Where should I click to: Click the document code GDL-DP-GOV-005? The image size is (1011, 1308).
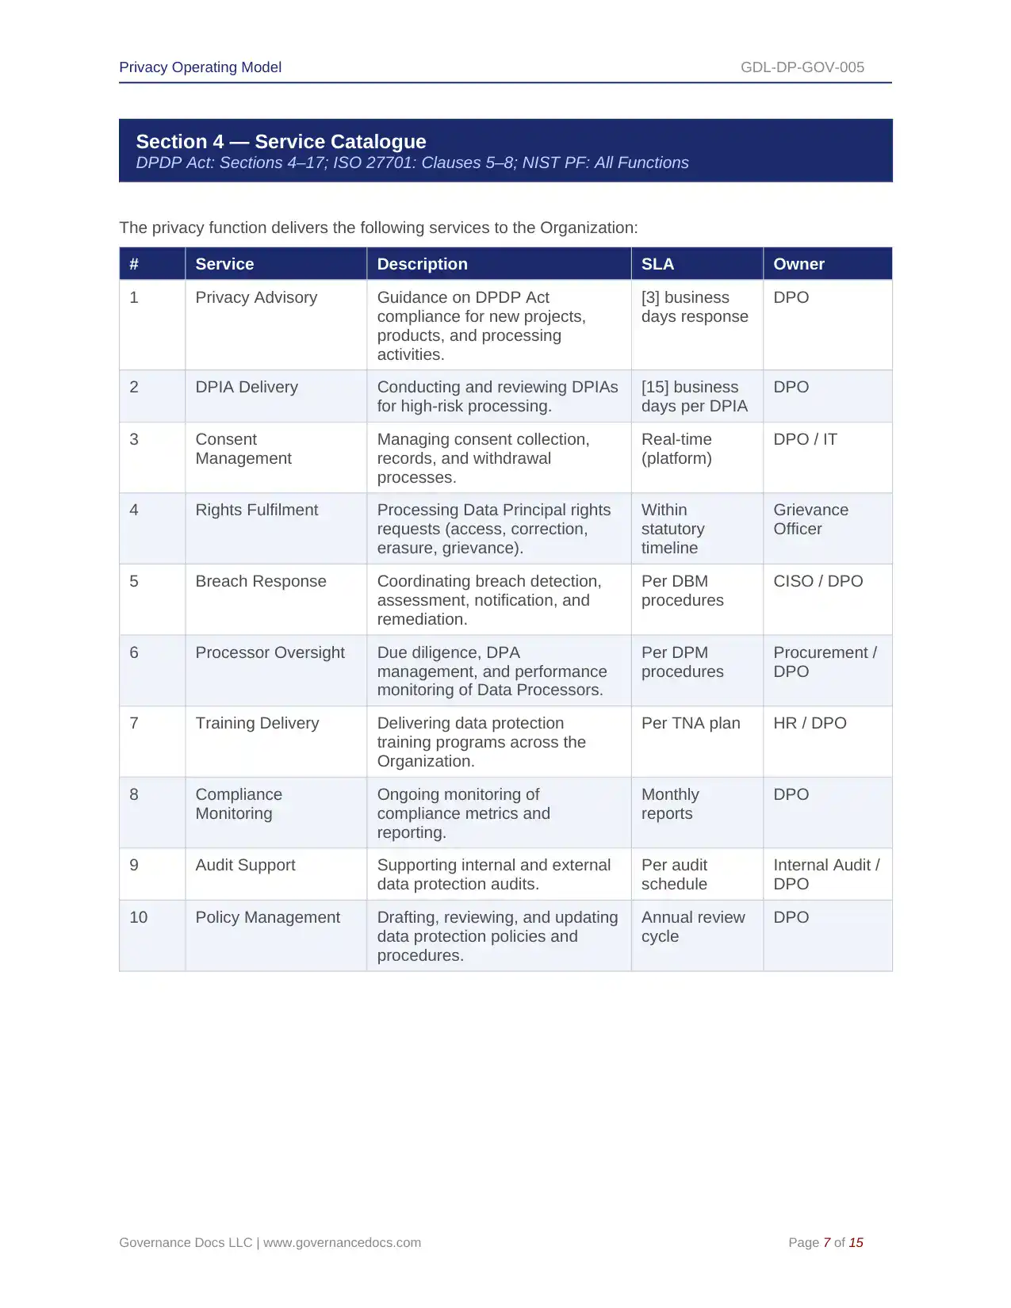802,67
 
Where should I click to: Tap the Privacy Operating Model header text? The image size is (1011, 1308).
200,67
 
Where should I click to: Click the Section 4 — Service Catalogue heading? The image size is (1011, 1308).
281,142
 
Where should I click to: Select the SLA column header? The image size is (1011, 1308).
657,264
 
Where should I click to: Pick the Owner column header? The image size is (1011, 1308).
798,264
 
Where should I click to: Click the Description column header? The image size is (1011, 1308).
422,264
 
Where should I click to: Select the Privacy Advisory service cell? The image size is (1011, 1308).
256,297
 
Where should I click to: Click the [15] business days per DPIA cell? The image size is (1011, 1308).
694,396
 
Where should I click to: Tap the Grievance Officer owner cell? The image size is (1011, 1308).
810,519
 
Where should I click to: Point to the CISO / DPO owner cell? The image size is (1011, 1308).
818,581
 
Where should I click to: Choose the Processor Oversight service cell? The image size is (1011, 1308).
270,652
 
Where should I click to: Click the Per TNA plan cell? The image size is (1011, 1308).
691,723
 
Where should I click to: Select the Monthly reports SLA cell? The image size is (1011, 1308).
670,804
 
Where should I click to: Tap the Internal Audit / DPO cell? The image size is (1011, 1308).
826,874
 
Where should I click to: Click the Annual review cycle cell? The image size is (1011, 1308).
693,927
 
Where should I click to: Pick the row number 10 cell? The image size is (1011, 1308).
139,917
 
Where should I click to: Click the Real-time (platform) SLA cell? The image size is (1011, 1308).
676,449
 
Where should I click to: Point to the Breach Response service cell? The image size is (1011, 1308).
261,581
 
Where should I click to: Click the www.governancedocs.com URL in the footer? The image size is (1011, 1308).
342,1242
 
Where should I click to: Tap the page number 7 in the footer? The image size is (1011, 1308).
826,1242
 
